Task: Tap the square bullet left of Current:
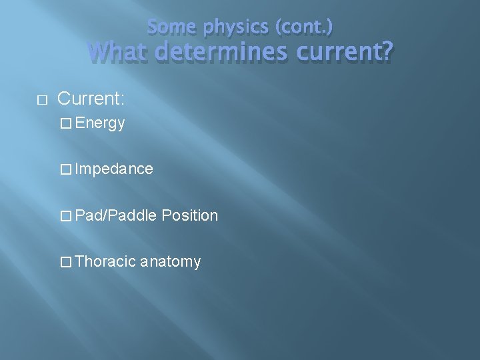point(40,100)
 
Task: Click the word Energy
point(100,123)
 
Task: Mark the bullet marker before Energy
point(65,123)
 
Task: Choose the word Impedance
point(114,169)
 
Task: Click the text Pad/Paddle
point(116,215)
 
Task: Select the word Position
point(190,215)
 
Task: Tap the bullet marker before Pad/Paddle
point(65,216)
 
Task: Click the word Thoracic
point(106,261)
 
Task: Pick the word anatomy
point(171,261)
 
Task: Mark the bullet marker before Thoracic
point(65,262)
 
